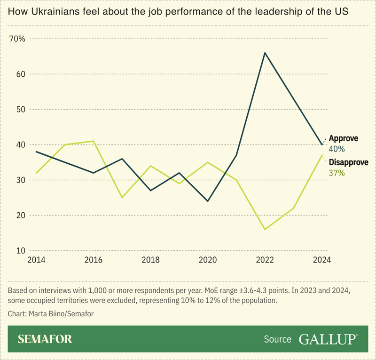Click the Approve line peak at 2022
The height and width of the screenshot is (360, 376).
point(265,53)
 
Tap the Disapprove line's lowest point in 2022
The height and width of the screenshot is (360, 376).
point(265,230)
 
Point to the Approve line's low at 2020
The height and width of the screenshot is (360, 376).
point(208,201)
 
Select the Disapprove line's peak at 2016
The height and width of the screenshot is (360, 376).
point(94,141)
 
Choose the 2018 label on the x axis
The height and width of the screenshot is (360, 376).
point(150,260)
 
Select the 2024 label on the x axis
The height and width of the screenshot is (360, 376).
point(322,260)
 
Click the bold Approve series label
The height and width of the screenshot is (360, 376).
point(343,138)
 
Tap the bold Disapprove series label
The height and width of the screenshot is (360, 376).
point(348,163)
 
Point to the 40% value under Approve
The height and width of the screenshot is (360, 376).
point(337,149)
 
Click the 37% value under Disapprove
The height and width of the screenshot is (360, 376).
point(337,173)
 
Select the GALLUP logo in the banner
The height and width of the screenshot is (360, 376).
point(328,339)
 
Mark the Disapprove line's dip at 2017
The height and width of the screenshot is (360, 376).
point(122,198)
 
